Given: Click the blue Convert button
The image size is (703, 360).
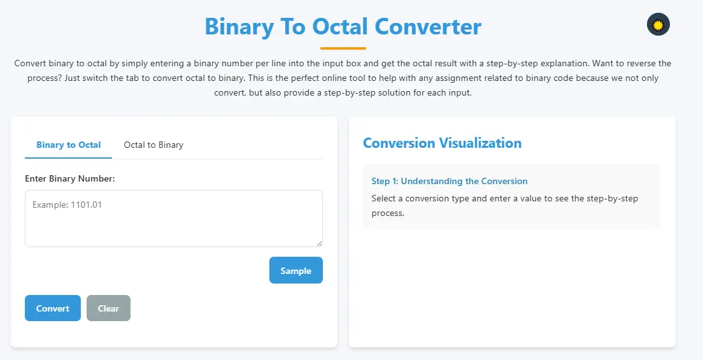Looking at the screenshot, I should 53,308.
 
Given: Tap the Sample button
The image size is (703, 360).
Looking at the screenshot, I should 295,271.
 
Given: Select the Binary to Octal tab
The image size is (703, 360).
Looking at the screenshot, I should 68,145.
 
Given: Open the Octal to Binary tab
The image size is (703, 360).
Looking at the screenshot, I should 153,145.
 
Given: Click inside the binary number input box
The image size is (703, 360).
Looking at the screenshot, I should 173,223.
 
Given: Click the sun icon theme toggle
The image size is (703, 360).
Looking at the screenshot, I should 658,25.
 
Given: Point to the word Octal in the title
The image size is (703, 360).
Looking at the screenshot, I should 340,27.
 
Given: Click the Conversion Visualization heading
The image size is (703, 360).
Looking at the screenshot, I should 442,143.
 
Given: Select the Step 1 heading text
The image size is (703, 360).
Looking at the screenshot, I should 450,181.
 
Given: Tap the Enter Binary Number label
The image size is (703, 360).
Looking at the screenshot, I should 70,178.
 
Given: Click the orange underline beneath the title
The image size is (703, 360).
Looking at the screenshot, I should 343,48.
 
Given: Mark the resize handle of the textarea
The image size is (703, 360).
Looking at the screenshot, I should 319,243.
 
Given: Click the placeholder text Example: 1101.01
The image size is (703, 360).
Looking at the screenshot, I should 67,205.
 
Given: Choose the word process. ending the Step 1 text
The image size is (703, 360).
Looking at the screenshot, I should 388,213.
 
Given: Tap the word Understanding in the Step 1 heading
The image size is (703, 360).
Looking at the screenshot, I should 430,181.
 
